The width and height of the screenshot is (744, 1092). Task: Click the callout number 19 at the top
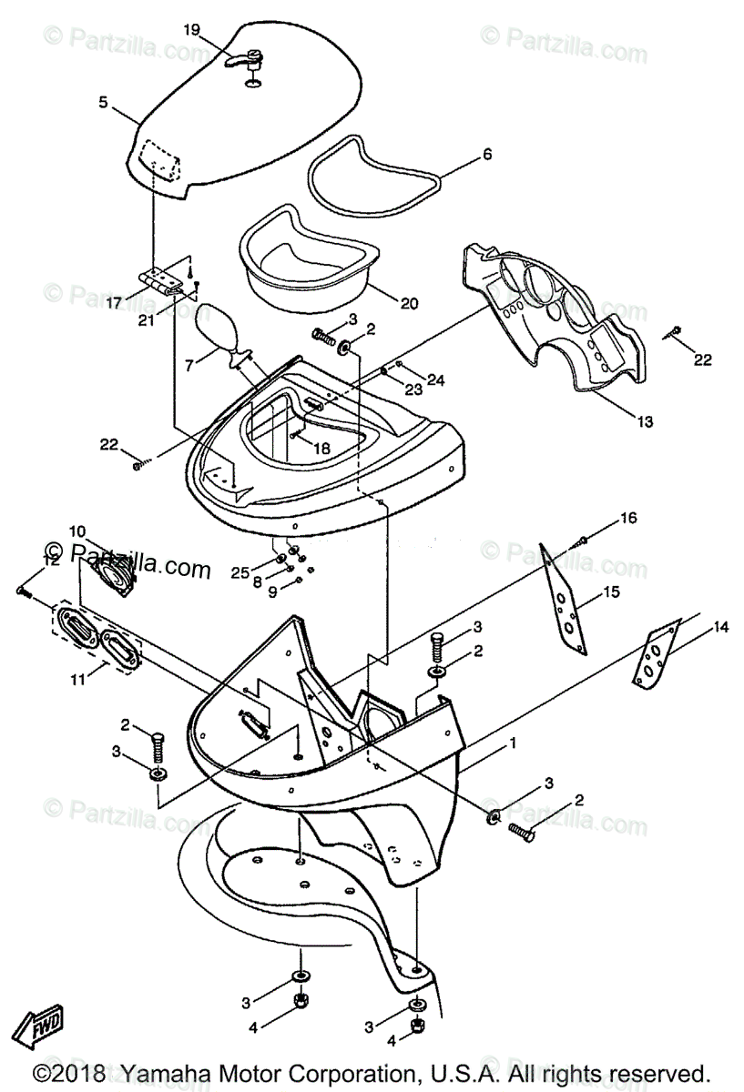pos(191,30)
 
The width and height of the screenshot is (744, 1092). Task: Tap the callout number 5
pos(103,104)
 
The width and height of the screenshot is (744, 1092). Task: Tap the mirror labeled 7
pos(219,328)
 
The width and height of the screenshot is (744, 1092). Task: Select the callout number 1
pos(513,743)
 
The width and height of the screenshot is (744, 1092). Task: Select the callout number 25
pos(240,571)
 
